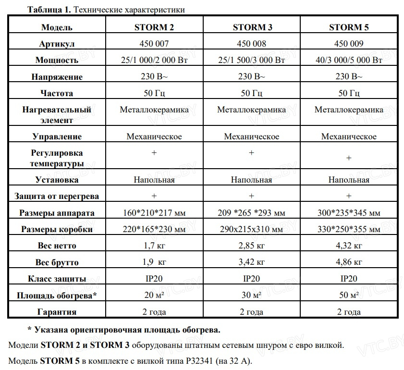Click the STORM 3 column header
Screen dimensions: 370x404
click(x=252, y=27)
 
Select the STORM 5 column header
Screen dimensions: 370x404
click(x=349, y=27)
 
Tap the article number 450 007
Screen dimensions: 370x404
click(x=154, y=44)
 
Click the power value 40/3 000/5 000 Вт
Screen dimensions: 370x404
click(x=349, y=60)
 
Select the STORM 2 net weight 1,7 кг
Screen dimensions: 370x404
click(x=154, y=246)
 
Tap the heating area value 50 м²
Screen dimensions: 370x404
click(x=349, y=295)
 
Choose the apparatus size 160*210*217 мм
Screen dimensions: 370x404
click(x=154, y=213)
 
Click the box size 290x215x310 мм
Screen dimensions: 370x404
click(x=252, y=229)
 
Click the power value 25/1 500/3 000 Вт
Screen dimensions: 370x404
click(x=252, y=60)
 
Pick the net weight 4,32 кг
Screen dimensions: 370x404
click(x=349, y=246)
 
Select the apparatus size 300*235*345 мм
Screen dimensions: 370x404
click(x=349, y=213)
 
